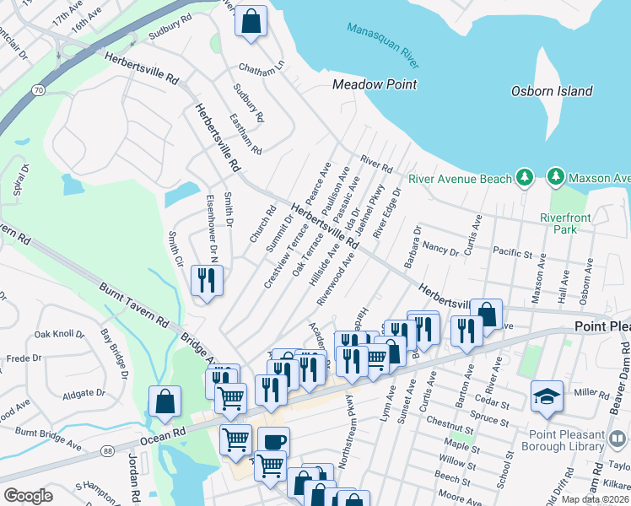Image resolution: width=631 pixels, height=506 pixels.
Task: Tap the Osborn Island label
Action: pyautogui.click(x=552, y=91)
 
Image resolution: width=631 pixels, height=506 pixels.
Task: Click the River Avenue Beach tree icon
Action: pyautogui.click(x=525, y=177)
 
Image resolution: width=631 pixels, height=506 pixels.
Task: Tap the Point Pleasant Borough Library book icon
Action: pyautogui.click(x=618, y=439)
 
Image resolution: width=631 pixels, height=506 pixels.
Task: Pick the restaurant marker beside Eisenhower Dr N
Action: pyautogui.click(x=208, y=278)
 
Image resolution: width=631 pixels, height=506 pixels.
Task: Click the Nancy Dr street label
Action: pyautogui.click(x=440, y=250)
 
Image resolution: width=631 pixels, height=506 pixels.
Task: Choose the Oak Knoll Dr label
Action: pyautogui.click(x=60, y=334)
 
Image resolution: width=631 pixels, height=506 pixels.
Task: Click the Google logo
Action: pyautogui.click(x=28, y=496)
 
